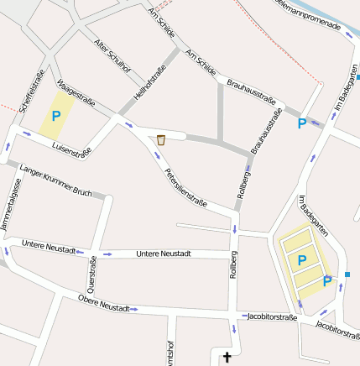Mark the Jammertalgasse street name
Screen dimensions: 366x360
12,216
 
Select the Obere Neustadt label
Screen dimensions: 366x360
103,303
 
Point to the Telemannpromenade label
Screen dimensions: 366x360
309,13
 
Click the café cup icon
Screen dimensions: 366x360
160,140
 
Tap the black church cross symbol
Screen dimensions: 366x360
226,358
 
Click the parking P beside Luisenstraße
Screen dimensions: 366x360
56,117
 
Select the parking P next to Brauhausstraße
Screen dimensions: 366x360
301,123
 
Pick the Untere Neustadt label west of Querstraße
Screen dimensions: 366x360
50,246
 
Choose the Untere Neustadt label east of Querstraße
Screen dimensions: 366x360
164,253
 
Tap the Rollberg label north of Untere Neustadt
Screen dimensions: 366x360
244,182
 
